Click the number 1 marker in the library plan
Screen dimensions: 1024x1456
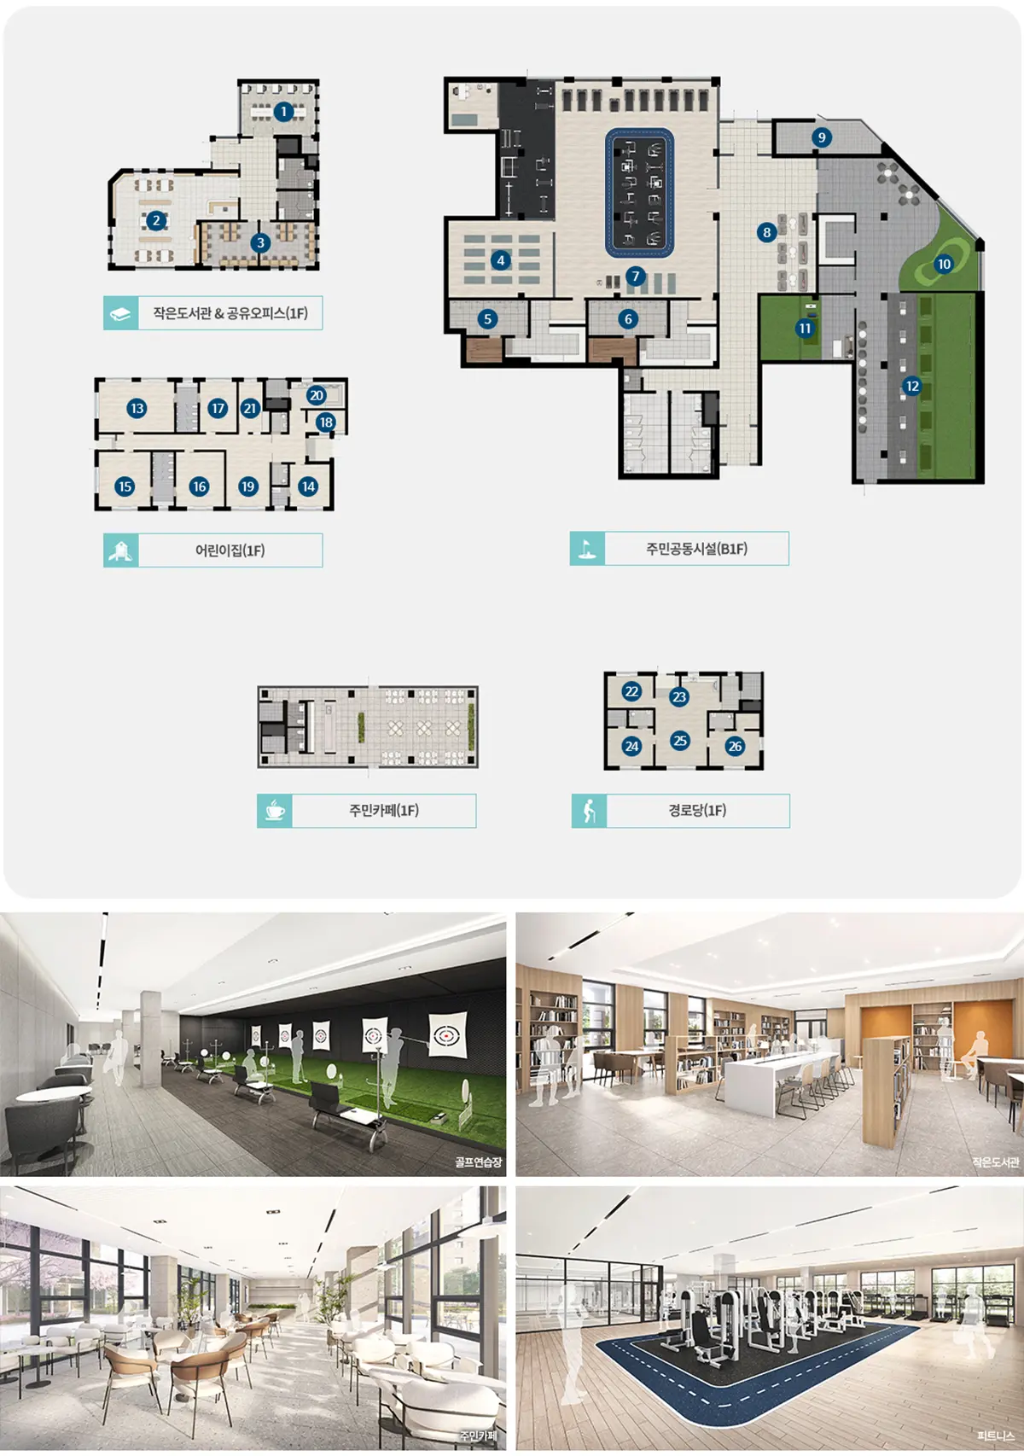pyautogui.click(x=282, y=112)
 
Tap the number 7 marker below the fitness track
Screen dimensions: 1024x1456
pyautogui.click(x=636, y=277)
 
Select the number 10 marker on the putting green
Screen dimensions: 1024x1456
pyautogui.click(x=944, y=264)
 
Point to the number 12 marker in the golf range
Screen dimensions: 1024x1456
pyautogui.click(x=912, y=386)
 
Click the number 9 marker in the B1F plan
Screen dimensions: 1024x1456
pyautogui.click(x=822, y=137)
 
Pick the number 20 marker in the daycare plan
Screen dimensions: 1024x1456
pyautogui.click(x=317, y=395)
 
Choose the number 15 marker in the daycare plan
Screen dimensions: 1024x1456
pyautogui.click(x=125, y=486)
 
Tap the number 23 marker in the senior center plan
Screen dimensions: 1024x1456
pyautogui.click(x=679, y=696)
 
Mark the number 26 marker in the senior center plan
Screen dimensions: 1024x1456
pyautogui.click(x=735, y=746)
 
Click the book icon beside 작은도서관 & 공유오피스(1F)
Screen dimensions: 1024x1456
pyautogui.click(x=121, y=313)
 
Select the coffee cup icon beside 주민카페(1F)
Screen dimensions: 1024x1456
pyautogui.click(x=274, y=811)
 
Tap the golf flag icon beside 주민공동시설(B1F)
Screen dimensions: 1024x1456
pyautogui.click(x=587, y=549)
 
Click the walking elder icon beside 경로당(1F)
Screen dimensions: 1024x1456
pyautogui.click(x=590, y=811)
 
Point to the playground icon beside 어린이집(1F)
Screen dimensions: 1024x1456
pyautogui.click(x=121, y=550)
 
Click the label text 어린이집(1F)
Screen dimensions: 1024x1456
pyautogui.click(x=230, y=550)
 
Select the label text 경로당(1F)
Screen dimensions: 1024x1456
pyautogui.click(x=697, y=811)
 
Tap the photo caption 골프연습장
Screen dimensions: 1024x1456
pyautogui.click(x=478, y=1162)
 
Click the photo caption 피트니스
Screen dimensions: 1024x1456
pyautogui.click(x=995, y=1436)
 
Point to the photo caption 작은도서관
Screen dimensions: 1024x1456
pyautogui.click(x=995, y=1162)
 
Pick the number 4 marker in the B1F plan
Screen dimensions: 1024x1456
pyautogui.click(x=500, y=260)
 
